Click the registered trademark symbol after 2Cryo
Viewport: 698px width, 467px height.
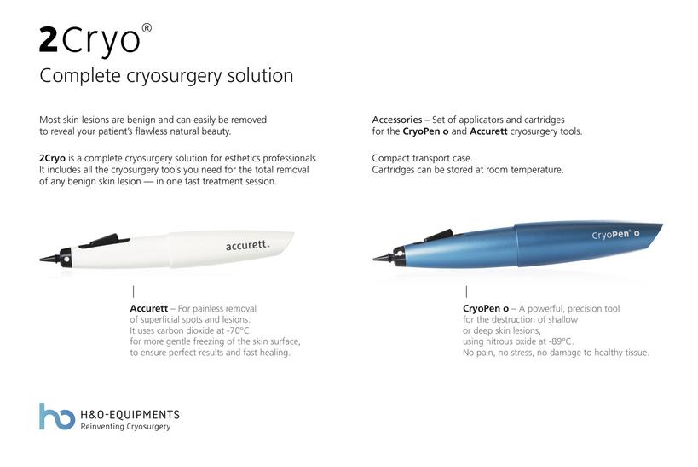(147, 28)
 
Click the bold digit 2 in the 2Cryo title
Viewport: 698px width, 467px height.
(49, 40)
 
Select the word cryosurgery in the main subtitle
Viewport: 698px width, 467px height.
(174, 75)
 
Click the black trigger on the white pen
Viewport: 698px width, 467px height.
(104, 241)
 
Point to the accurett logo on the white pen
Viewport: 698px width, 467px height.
(247, 245)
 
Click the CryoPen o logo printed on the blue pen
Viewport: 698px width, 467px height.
(615, 234)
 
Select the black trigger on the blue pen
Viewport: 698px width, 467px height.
(438, 235)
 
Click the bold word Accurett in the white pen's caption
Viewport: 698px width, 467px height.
(148, 308)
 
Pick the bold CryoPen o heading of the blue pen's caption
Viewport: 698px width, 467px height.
(486, 308)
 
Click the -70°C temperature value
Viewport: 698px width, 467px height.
(238, 330)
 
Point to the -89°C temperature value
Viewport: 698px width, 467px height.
(561, 341)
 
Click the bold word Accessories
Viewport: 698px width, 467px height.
(397, 120)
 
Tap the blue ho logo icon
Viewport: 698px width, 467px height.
(57, 417)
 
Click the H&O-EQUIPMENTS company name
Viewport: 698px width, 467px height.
(130, 414)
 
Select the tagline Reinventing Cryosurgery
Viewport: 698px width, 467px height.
(125, 426)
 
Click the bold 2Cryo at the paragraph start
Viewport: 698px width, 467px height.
(52, 158)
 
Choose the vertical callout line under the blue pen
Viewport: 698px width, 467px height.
(466, 292)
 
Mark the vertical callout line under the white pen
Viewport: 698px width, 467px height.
(133, 292)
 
